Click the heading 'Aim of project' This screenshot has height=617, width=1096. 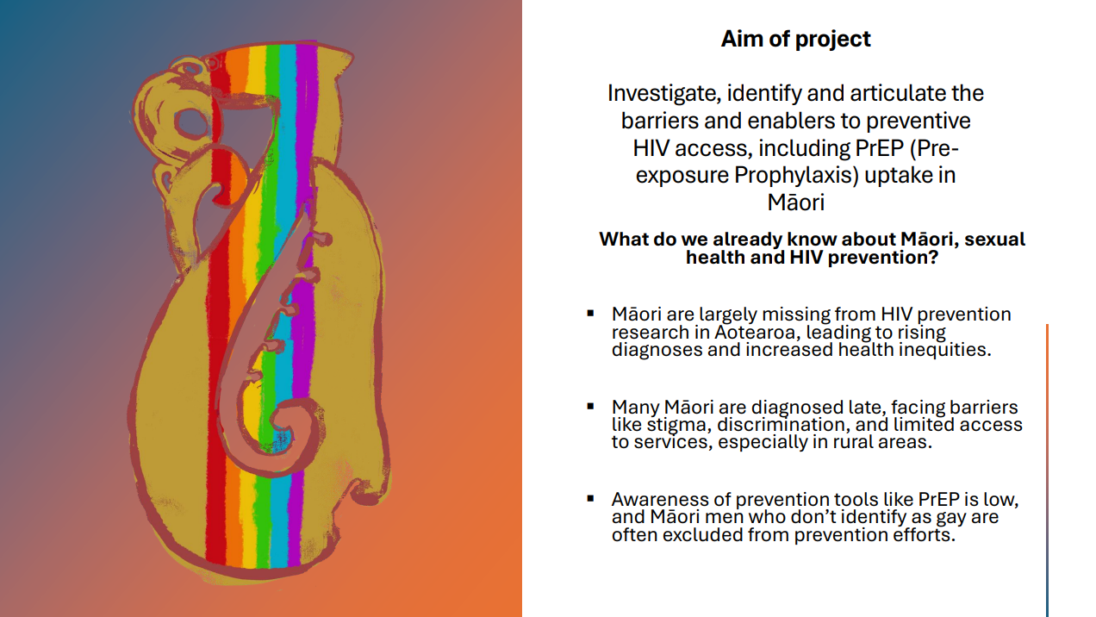point(795,39)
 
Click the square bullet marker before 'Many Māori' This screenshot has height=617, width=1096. point(590,405)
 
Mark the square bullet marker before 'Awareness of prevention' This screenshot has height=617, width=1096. point(590,498)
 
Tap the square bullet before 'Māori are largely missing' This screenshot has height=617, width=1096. point(590,313)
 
